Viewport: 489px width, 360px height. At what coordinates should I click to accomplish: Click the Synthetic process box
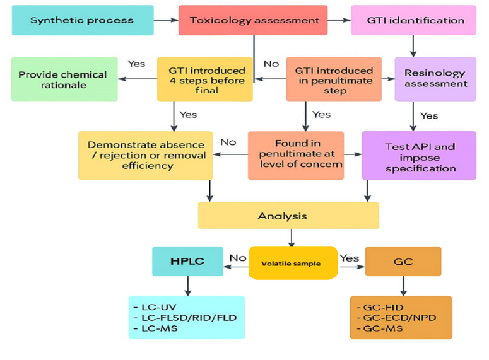pyautogui.click(x=82, y=20)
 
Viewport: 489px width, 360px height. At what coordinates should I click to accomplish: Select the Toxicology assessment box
pyautogui.click(x=253, y=20)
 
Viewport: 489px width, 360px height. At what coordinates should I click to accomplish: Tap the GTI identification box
pyautogui.click(x=413, y=20)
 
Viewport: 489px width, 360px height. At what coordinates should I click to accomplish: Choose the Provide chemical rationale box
pyautogui.click(x=64, y=79)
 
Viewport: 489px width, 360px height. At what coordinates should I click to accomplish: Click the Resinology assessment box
pyautogui.click(x=435, y=79)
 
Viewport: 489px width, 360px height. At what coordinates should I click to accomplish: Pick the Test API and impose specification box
pyautogui.click(x=419, y=155)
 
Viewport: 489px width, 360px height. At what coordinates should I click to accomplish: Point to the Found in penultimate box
pyautogui.click(x=295, y=155)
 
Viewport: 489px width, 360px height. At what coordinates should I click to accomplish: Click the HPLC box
pyautogui.click(x=187, y=261)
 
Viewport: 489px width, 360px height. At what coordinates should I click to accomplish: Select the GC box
pyautogui.click(x=403, y=261)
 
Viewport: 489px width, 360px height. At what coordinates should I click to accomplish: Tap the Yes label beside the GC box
pyautogui.click(x=349, y=257)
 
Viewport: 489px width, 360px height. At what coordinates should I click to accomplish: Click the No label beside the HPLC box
pyautogui.click(x=237, y=257)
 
